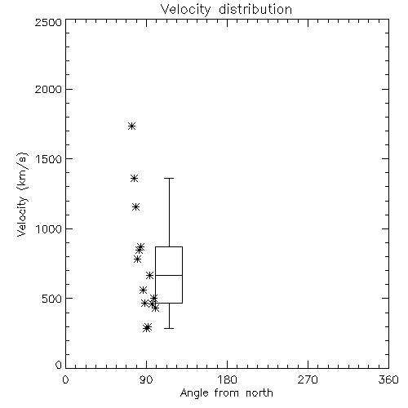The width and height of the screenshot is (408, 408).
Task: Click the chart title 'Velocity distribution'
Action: [226, 9]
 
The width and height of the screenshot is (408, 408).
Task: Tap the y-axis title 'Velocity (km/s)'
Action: [22, 194]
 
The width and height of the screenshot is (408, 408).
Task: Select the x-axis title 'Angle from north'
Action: [226, 393]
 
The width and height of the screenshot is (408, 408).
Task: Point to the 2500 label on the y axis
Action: [48, 22]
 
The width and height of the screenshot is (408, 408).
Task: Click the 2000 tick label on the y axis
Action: [48, 89]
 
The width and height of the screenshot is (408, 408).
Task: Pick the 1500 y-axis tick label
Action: [49, 158]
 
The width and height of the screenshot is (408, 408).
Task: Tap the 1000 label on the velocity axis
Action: [49, 228]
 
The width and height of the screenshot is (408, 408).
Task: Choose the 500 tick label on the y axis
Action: [52, 299]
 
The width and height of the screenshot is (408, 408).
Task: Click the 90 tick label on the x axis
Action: [147, 379]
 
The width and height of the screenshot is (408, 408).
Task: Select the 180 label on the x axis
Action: [227, 379]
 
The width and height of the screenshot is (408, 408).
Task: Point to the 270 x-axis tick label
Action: [308, 379]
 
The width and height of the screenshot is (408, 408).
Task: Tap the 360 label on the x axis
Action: [388, 379]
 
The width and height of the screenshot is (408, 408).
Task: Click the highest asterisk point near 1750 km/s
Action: [132, 126]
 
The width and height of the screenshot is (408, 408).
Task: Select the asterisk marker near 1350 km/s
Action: [134, 179]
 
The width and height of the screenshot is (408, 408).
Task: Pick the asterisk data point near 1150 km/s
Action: [136, 207]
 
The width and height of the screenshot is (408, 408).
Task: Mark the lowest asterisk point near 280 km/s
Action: [147, 328]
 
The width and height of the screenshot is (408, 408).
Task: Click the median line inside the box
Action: [169, 275]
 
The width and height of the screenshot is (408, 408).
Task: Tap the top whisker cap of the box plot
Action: [169, 179]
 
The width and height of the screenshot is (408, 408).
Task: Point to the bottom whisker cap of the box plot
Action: [169, 328]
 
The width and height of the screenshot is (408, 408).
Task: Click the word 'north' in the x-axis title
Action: [259, 393]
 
